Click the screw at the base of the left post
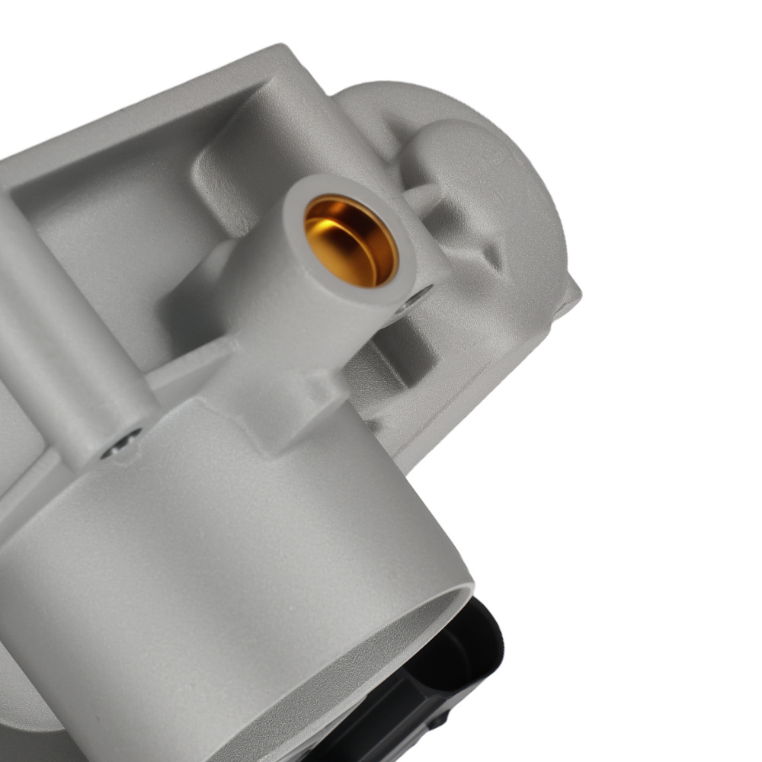(x=122, y=443)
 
